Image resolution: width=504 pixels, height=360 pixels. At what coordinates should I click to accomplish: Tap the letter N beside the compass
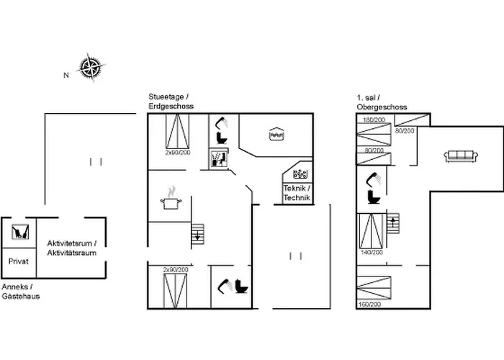point(65,74)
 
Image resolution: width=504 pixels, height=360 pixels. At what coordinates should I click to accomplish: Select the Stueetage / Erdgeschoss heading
point(168,102)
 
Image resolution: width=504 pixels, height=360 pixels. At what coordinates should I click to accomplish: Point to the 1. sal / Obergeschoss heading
point(381,102)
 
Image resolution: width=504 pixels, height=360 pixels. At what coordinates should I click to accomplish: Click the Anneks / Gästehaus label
point(20,292)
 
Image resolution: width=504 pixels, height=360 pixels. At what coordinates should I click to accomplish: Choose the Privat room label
point(18,262)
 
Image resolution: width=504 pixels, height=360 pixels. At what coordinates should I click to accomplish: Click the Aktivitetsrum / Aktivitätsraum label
point(71,248)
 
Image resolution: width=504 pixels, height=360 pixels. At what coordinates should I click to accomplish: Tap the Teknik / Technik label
point(296,192)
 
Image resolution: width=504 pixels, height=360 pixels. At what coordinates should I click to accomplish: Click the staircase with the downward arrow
point(199,233)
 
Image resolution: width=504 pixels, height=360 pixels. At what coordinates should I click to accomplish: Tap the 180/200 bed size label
point(374,120)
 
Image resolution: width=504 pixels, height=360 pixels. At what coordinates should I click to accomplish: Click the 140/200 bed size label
point(371,253)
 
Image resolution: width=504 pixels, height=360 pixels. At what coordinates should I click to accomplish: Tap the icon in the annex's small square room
point(19,232)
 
